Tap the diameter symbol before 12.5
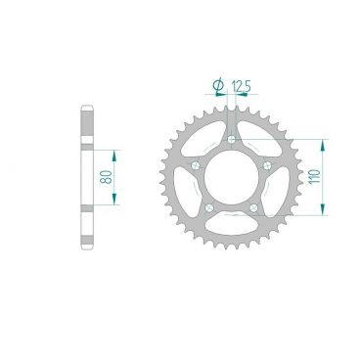(217, 86)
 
